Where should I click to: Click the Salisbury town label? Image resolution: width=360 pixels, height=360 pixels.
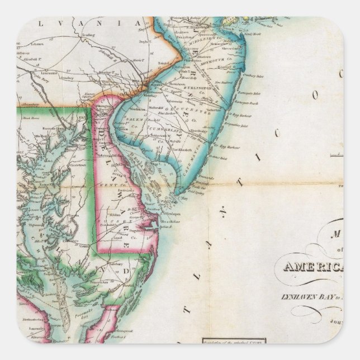(x=117, y=262)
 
